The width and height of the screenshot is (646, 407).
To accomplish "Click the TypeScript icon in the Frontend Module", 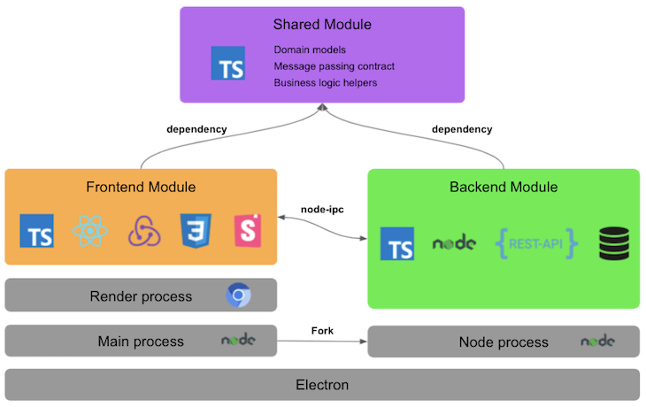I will pos(36,231).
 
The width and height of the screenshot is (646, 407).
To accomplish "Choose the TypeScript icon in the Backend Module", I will pos(397,243).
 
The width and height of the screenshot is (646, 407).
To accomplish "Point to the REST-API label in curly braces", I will pos(537,242).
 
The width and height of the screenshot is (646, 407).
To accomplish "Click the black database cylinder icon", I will pos(613,243).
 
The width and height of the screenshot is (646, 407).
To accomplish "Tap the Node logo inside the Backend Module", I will pos(453,243).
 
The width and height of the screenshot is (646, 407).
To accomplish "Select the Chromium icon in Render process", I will pos(238,296).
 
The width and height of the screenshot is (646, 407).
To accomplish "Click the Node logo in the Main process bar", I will pos(238,340).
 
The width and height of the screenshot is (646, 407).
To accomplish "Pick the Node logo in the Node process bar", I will pos(597,341).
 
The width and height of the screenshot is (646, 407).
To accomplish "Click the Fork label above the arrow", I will pos(322,330).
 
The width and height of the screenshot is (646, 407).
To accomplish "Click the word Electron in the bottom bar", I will pos(322,385).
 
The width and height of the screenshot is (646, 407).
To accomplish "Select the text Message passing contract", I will pos(334,66).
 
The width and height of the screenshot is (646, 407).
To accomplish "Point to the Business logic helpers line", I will pos(325,82).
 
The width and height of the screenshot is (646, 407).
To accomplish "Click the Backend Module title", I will pos(504,187).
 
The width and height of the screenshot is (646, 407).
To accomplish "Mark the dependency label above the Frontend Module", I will pos(196,129).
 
